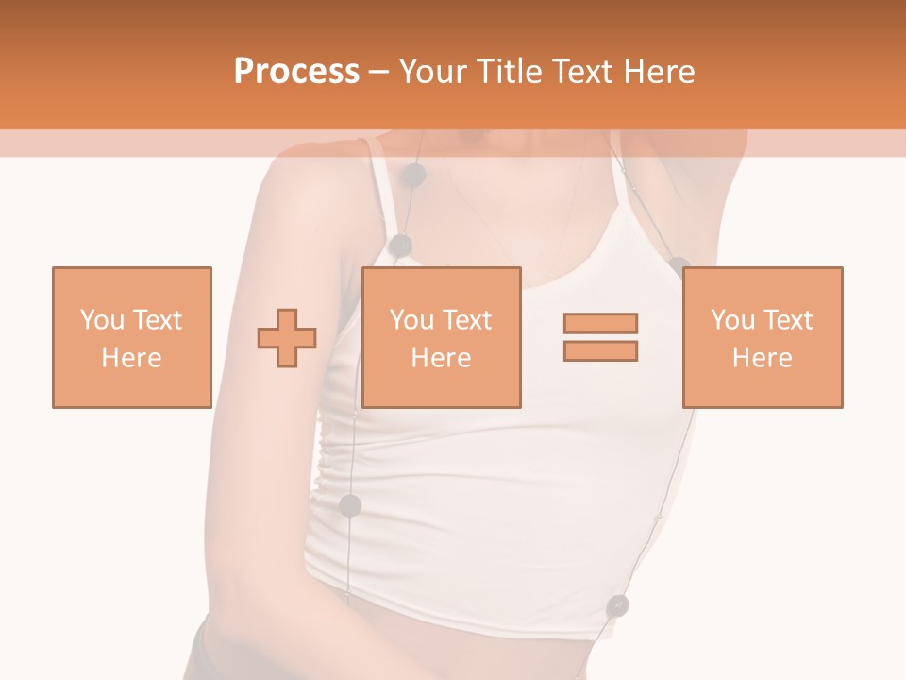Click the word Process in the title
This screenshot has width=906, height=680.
point(296,72)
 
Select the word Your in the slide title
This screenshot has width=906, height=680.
point(432,72)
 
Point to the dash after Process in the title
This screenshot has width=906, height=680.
point(378,73)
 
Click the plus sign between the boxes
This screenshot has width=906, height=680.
point(287,338)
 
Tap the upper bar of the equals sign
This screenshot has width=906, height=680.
point(600,323)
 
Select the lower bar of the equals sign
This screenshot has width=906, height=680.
point(600,350)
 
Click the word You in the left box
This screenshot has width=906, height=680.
point(101,320)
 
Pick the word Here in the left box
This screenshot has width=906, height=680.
point(131,358)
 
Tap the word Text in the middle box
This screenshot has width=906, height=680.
point(466,320)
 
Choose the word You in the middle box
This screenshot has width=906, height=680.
point(411,320)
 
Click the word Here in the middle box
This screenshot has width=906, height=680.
point(441,358)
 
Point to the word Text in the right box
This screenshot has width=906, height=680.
point(787,320)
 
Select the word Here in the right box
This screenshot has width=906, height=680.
point(762,358)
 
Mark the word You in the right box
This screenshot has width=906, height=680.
point(732,320)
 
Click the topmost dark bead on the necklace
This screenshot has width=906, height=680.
point(413,175)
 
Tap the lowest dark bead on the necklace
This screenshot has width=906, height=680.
point(617,604)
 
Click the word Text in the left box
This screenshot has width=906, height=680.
point(156,320)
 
